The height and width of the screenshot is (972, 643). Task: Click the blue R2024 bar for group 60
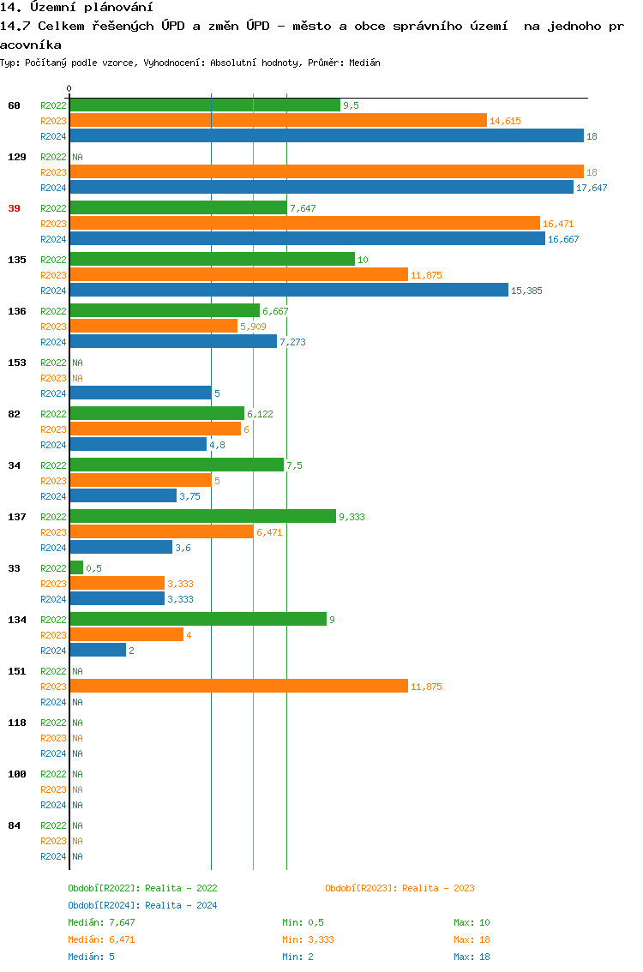[x=326, y=135]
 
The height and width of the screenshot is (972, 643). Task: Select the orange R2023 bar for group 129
[x=326, y=171]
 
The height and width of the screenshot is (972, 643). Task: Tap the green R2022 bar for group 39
[x=178, y=207]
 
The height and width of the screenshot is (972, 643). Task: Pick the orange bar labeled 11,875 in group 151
[x=238, y=686]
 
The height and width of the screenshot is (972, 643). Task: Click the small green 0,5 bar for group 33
[x=76, y=567]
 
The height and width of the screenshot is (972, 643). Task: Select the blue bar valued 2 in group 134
[x=98, y=650]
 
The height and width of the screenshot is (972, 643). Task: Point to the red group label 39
[x=14, y=208]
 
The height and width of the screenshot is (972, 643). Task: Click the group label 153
[x=17, y=363]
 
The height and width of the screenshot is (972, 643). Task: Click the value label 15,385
[x=526, y=291]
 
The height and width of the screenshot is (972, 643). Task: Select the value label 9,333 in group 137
[x=352, y=517]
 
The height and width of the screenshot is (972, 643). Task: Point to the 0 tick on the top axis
[x=69, y=88]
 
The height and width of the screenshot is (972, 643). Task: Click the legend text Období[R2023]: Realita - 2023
[x=400, y=888]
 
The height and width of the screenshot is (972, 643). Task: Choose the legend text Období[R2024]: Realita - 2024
[x=142, y=905]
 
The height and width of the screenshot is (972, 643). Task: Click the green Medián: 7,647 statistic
[x=101, y=922]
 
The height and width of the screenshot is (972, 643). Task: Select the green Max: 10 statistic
[x=472, y=922]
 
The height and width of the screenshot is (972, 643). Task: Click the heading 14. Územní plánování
[x=70, y=8]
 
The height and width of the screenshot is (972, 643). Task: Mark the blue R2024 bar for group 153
[x=141, y=393]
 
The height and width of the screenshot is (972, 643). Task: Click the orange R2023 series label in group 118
[x=53, y=738]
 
